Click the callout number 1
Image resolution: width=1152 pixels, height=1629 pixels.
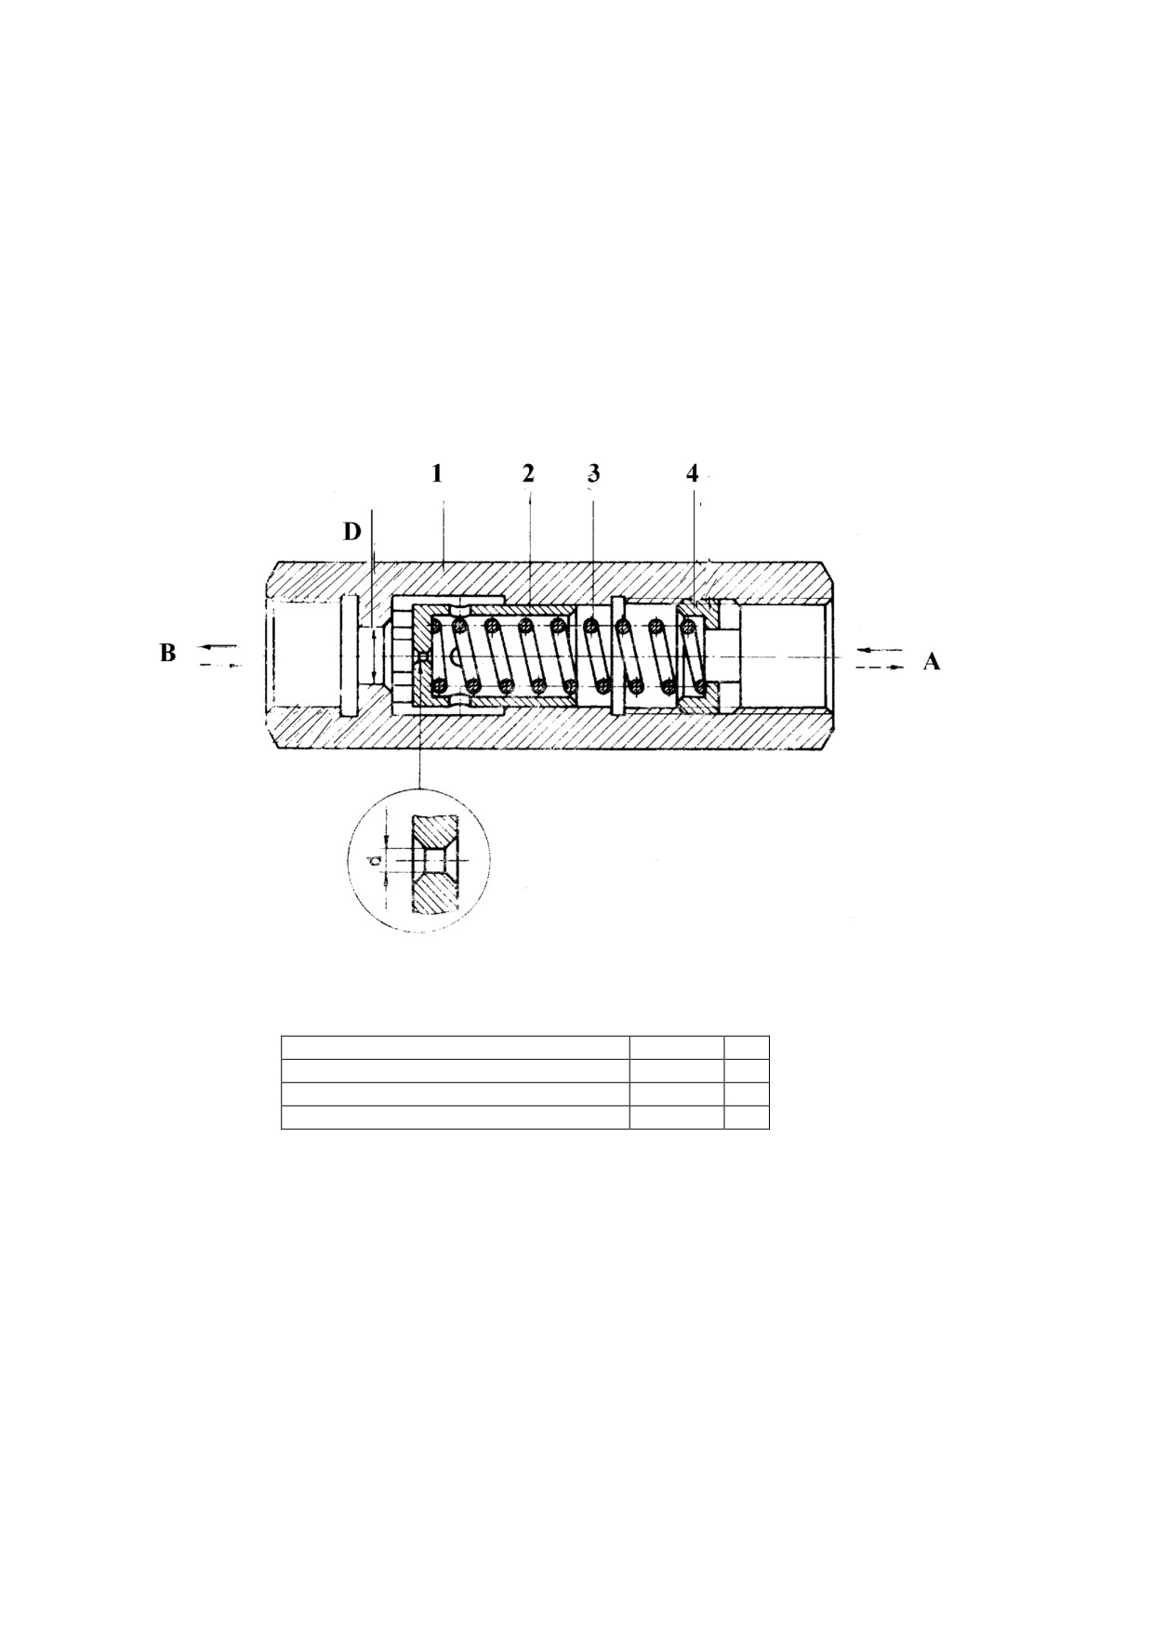point(436,473)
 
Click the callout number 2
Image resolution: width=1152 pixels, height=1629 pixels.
point(528,473)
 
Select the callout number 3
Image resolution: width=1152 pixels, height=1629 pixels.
point(594,473)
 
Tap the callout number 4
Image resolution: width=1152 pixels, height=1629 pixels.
point(692,473)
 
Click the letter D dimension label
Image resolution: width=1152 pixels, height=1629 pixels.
point(351,532)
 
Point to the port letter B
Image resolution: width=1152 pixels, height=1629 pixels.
point(167,654)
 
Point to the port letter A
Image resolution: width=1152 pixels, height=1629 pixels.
point(932,661)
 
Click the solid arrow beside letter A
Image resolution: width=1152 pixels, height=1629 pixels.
point(879,649)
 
